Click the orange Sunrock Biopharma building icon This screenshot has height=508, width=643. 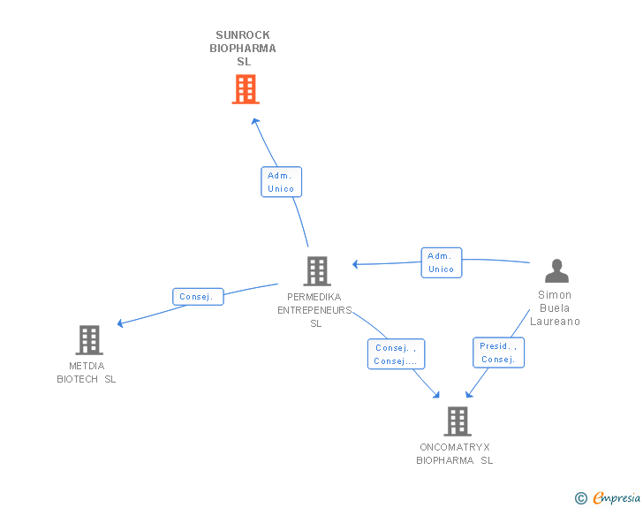[x=246, y=89]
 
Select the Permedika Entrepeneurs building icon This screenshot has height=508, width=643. [x=316, y=271]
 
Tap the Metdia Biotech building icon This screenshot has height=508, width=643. [x=88, y=339]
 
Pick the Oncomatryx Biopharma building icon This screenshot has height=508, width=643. [x=456, y=421]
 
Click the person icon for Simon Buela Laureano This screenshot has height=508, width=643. [x=556, y=270]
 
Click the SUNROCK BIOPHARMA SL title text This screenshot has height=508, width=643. [x=243, y=49]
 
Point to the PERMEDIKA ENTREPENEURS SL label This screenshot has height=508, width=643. [x=315, y=310]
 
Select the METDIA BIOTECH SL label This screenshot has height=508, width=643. [x=87, y=373]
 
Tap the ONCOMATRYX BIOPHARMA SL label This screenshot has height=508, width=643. [x=455, y=454]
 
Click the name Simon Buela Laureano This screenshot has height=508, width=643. [x=555, y=308]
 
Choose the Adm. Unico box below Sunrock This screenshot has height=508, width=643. [x=281, y=182]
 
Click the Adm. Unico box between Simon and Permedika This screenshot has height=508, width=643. [x=441, y=262]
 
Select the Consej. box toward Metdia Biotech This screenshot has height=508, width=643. [x=197, y=297]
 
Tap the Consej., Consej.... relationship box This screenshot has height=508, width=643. [x=396, y=354]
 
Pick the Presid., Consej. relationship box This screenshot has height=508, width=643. [x=498, y=353]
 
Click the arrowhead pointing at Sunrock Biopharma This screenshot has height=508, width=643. [x=254, y=121]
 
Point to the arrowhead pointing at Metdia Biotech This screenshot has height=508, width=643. [x=121, y=323]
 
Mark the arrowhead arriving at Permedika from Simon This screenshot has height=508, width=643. [x=355, y=264]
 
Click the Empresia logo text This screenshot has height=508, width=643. [x=617, y=498]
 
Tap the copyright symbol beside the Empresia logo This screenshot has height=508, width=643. [x=580, y=498]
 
